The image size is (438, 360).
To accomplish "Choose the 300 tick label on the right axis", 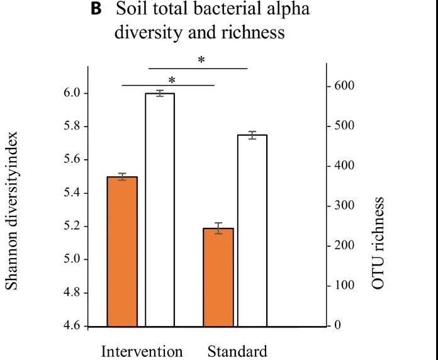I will click(345, 206).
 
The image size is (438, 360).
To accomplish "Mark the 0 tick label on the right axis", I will click(337, 325).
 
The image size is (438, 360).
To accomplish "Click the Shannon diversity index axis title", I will click(14, 211).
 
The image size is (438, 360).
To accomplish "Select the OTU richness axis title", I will click(378, 242).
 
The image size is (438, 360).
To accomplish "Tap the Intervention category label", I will click(142, 351).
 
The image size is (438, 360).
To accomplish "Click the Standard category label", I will click(237, 351).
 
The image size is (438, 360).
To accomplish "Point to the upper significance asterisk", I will click(201, 60).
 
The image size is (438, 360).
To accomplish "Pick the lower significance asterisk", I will click(171, 80).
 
